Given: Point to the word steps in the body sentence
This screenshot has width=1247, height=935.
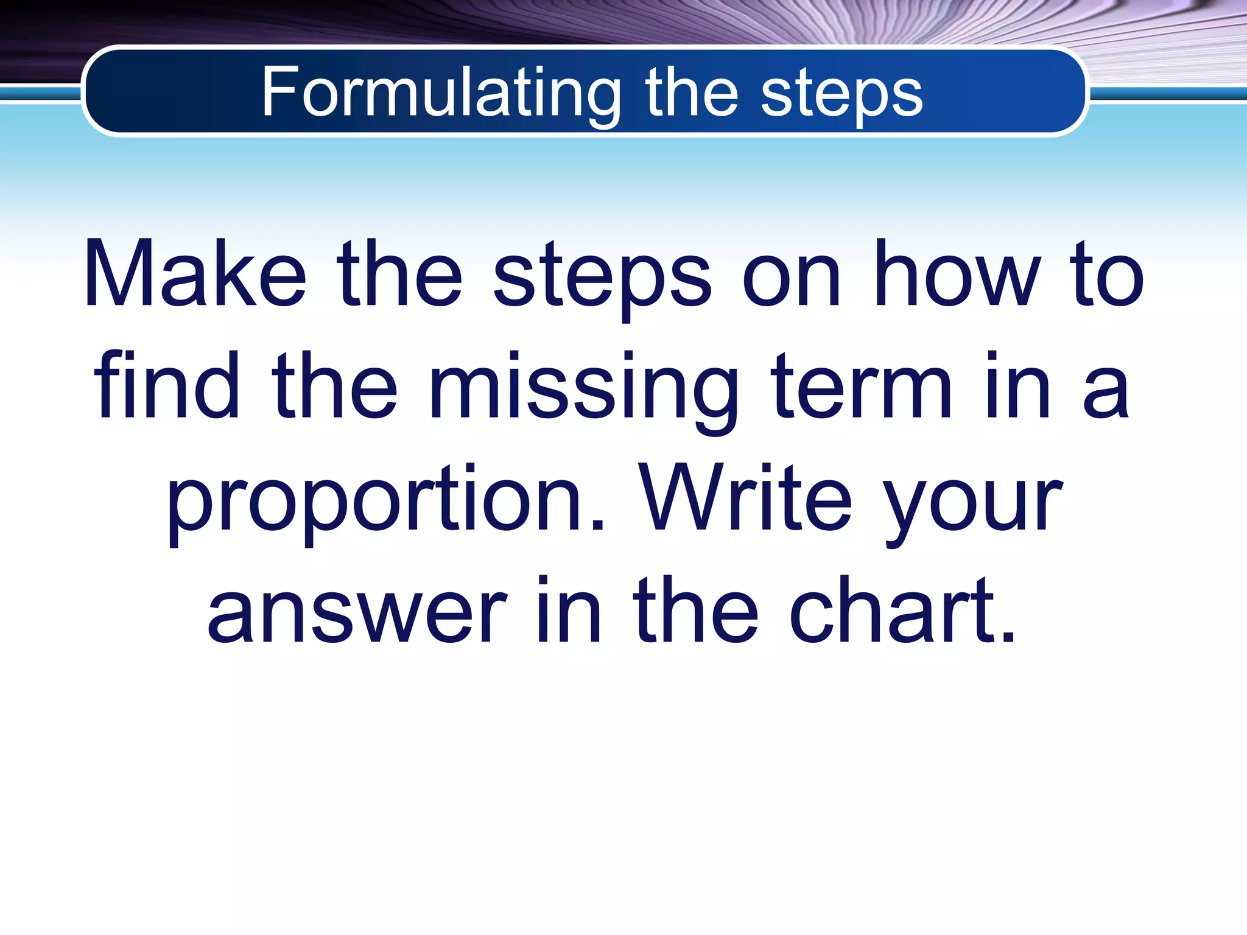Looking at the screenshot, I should coord(602,278).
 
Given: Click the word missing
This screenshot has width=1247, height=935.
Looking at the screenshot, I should coord(583,390).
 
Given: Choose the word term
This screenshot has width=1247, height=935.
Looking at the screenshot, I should coord(861,386).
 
